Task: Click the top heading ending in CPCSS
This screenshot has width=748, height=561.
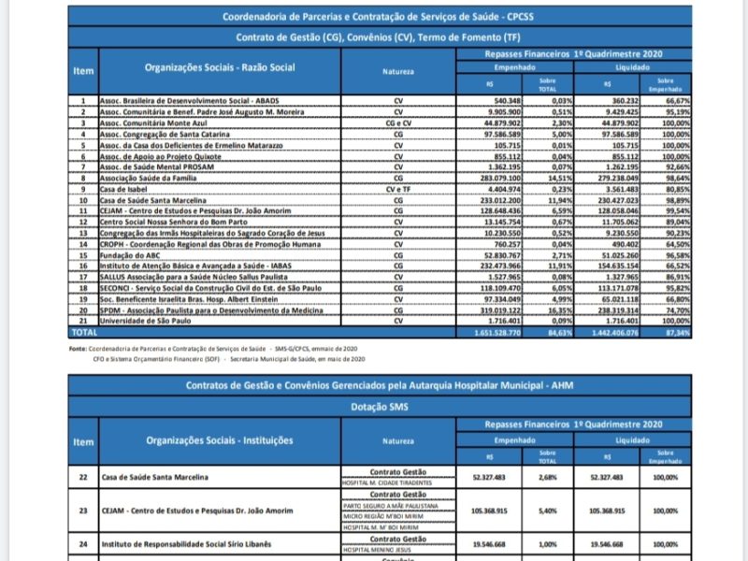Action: click(379, 17)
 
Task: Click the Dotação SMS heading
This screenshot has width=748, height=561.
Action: click(379, 407)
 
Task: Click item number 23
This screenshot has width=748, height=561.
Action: click(83, 511)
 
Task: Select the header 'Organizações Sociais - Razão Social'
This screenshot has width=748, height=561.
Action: click(220, 68)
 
